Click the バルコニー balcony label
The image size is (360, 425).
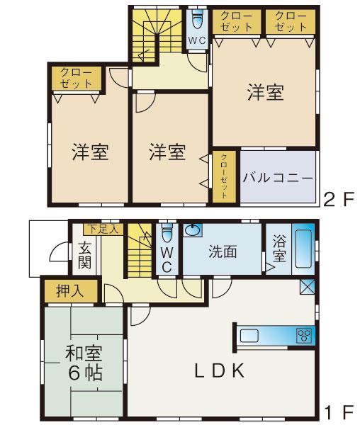278,178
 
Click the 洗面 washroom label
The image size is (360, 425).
222,251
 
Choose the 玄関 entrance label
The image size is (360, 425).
84,257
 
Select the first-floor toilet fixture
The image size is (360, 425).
167,233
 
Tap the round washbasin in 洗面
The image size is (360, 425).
193,231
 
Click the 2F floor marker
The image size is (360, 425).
338,200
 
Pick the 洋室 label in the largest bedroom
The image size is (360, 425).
265,93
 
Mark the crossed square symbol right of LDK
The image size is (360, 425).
308,287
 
